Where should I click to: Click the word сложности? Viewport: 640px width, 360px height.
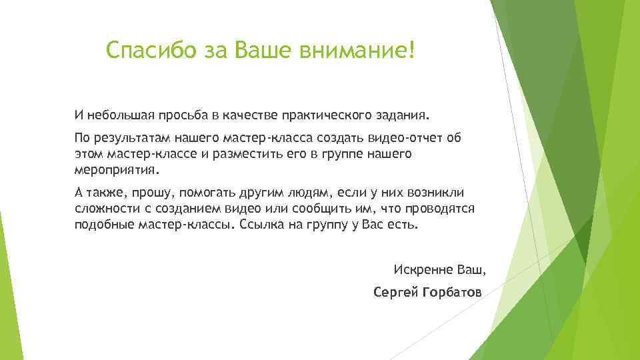(105, 209)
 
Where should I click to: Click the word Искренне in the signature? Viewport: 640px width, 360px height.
(421, 271)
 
